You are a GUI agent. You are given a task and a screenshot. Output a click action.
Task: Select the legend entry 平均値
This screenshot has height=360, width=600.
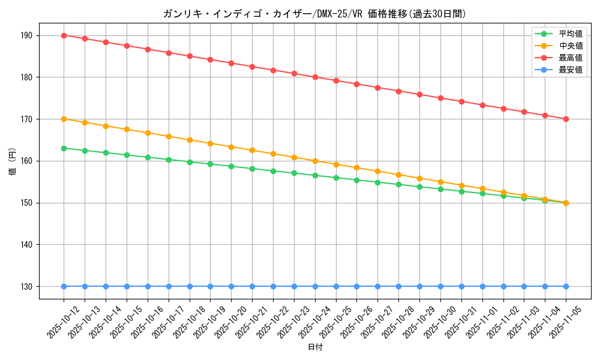click(x=571, y=34)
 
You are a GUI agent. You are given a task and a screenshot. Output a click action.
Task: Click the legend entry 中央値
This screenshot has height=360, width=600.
click(x=571, y=46)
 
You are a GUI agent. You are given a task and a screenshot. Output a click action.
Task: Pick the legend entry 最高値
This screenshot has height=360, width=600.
click(x=571, y=58)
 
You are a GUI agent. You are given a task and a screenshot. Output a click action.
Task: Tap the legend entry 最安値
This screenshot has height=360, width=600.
click(x=571, y=70)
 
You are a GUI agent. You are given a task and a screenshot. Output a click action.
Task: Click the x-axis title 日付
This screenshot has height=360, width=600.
click(x=314, y=347)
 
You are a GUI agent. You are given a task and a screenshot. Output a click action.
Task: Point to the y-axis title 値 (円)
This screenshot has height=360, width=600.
click(x=12, y=161)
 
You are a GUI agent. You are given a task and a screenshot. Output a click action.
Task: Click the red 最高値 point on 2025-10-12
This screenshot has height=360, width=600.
click(x=64, y=35)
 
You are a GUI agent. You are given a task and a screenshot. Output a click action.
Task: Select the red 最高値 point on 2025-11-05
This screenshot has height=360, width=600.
click(x=566, y=119)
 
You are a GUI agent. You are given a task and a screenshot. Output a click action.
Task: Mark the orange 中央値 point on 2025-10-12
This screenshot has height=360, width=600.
click(x=64, y=119)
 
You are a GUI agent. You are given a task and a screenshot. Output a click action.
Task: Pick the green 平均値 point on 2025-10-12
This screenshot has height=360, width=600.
click(x=64, y=148)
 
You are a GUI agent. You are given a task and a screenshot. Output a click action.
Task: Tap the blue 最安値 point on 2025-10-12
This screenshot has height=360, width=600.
click(x=64, y=286)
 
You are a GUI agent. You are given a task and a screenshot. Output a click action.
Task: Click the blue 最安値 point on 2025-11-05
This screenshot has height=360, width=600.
click(x=566, y=286)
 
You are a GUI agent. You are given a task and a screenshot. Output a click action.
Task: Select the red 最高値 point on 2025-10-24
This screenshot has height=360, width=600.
click(x=315, y=77)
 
